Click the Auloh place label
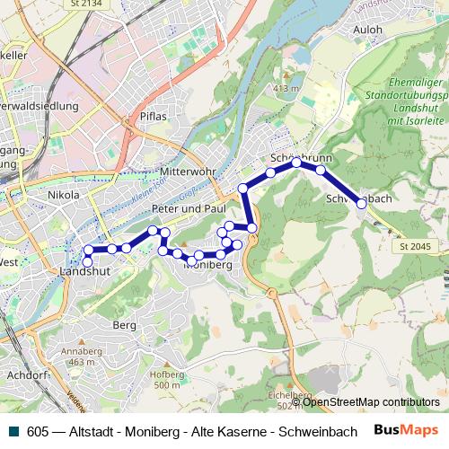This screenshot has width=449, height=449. pos(368,29)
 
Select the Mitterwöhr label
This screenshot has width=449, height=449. pos(186,146)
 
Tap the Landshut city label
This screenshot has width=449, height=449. pos(84,269)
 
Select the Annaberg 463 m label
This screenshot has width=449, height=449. pos(81,357)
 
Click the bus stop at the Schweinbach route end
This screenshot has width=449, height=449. pos(362,204)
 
